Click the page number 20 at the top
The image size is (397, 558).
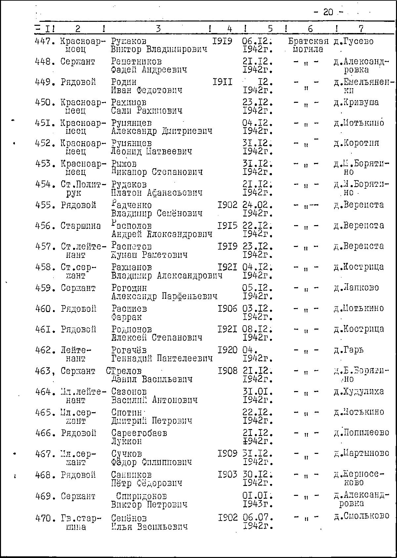(x=328, y=12)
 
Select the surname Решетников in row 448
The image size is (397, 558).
(x=136, y=62)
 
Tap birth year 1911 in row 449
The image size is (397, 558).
(x=222, y=82)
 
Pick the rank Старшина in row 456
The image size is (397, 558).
(x=81, y=226)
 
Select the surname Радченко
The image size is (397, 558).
(x=131, y=205)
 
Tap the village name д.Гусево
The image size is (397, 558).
(x=353, y=41)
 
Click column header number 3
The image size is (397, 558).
(x=158, y=29)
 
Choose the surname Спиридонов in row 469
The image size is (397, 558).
(x=141, y=497)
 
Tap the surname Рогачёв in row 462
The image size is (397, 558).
(x=129, y=350)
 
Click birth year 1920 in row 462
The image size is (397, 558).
(x=227, y=350)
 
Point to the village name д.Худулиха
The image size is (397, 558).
(x=359, y=392)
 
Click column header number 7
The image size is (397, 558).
(x=361, y=29)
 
